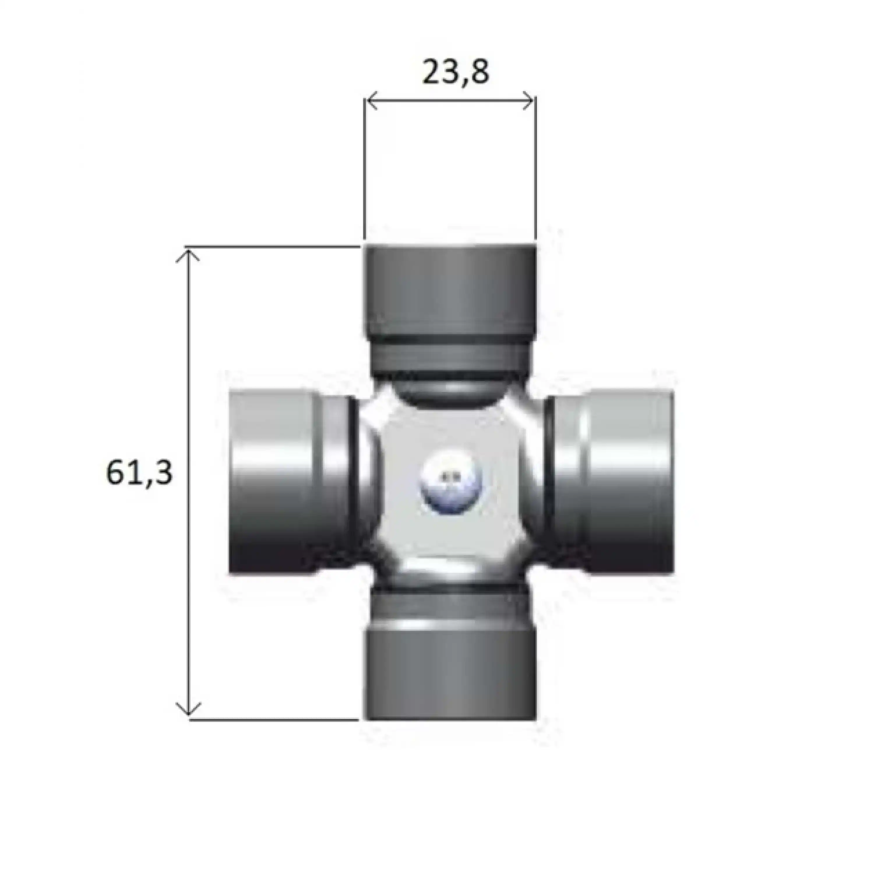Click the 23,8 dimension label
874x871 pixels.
click(456, 72)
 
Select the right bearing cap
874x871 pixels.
click(629, 482)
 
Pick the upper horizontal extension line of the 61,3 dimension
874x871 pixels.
click(272, 247)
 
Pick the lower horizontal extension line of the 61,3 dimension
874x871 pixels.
click(272, 719)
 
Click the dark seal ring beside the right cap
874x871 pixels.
click(549, 482)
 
